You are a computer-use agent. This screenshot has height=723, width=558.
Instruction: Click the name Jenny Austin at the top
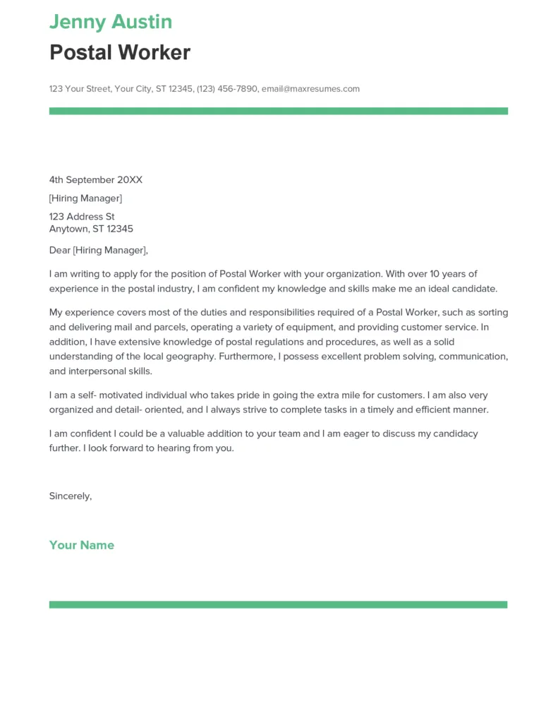click(x=111, y=22)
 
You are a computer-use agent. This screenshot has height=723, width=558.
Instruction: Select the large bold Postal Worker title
click(x=120, y=53)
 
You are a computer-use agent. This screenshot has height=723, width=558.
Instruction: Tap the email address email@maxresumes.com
click(x=310, y=89)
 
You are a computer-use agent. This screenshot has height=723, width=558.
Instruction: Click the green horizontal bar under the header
click(x=278, y=111)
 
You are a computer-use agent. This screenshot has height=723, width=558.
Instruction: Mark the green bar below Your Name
click(x=278, y=604)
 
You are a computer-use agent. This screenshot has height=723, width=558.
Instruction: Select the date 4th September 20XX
click(x=95, y=180)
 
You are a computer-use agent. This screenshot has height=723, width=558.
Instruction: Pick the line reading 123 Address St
click(x=82, y=217)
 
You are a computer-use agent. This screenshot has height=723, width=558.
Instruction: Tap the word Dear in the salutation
click(x=59, y=250)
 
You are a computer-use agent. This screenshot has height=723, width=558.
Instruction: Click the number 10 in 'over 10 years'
click(x=437, y=274)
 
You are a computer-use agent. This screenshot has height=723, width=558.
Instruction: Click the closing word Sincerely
click(x=70, y=496)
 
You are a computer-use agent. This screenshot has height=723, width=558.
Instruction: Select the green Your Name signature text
click(x=81, y=545)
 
